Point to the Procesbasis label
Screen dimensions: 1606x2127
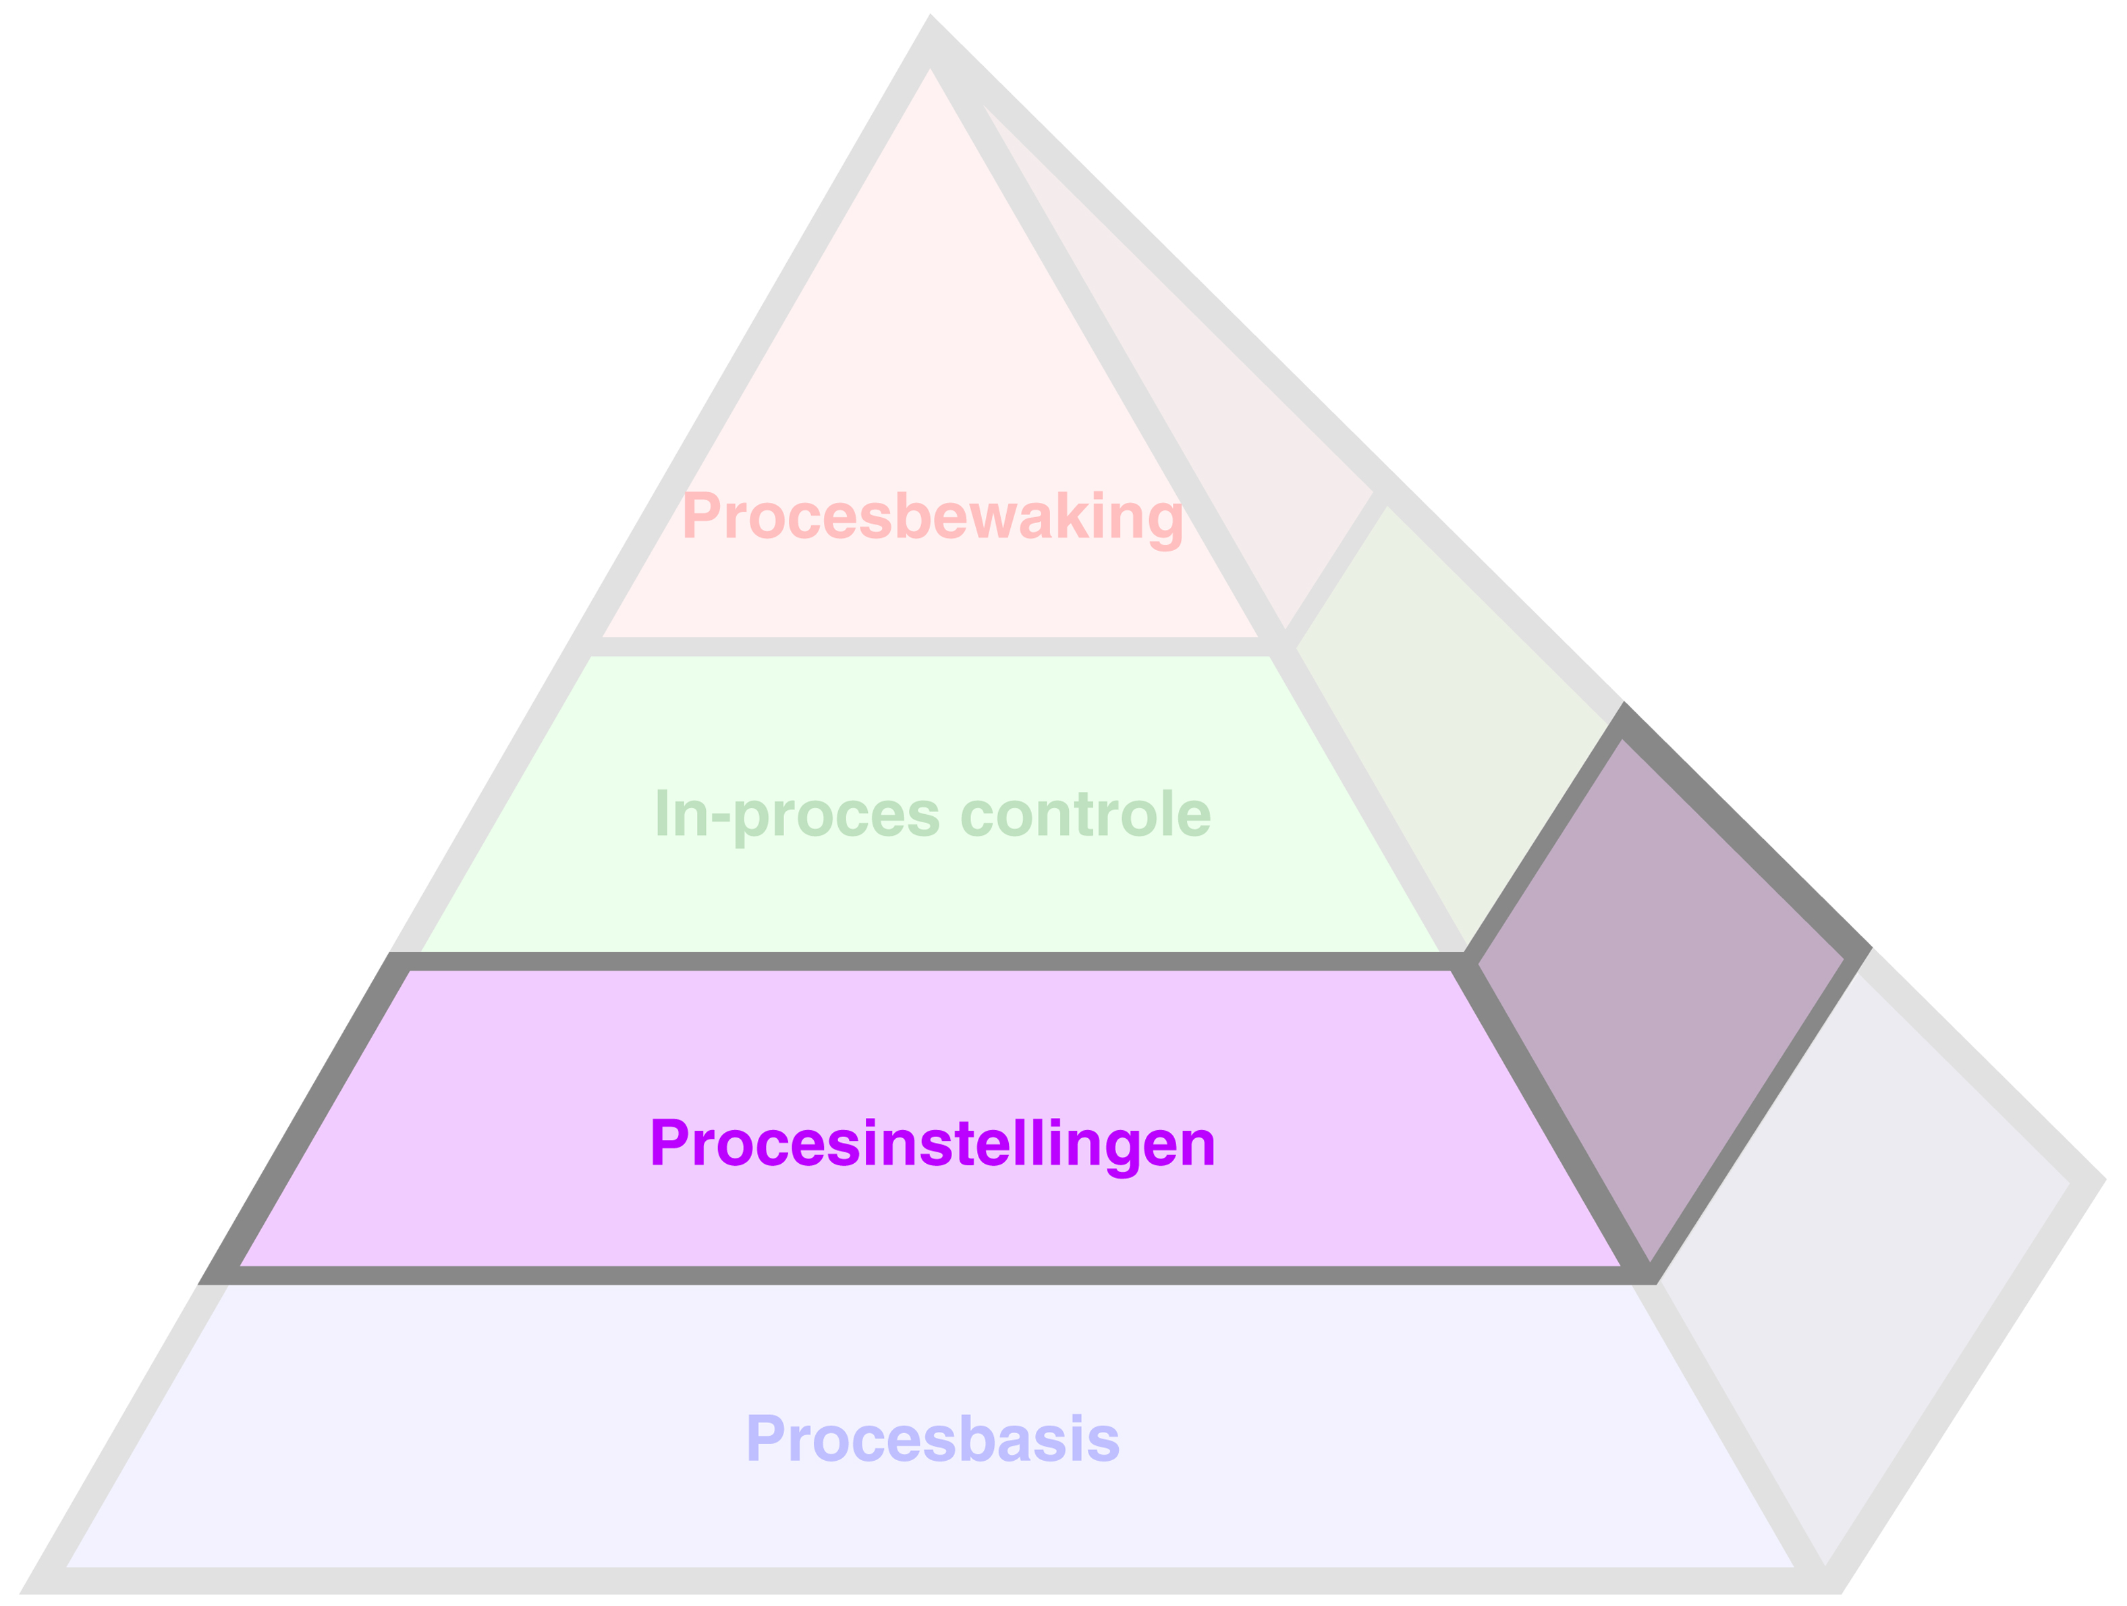pos(932,1439)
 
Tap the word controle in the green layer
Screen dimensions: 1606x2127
pos(1086,813)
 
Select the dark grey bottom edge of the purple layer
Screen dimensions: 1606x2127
pos(923,1275)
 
